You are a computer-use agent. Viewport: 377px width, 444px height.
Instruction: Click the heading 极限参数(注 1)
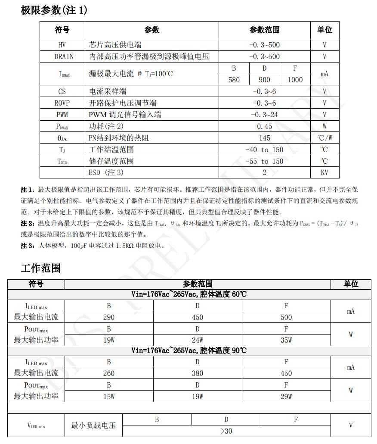tap(54, 10)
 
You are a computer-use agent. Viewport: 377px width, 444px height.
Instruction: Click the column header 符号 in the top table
tap(62, 30)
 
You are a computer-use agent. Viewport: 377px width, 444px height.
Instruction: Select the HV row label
tap(62, 45)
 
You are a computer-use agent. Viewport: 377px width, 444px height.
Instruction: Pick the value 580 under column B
tap(234, 80)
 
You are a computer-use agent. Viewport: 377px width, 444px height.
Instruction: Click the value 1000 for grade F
tap(295, 80)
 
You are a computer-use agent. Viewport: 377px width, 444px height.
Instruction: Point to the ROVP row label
tap(62, 103)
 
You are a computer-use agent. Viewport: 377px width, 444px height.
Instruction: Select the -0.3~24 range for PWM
tap(264, 115)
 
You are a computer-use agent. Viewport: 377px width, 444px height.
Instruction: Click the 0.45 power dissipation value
tap(264, 126)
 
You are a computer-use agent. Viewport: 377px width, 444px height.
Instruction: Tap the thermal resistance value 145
tap(264, 138)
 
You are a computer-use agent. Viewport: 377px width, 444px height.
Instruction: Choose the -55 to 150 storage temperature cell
tap(264, 161)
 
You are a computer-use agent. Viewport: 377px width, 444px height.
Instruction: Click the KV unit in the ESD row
tap(324, 172)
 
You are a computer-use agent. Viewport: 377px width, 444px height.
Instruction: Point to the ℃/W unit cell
tap(324, 138)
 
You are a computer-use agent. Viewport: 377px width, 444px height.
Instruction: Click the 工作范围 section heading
tap(40, 268)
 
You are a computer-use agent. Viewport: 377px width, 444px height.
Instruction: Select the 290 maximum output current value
tap(109, 317)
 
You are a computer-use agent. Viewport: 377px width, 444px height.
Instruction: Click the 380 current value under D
tap(198, 373)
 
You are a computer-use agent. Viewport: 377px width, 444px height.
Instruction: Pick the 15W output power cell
tap(109, 397)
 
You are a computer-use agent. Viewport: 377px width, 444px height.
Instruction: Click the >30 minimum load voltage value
tap(226, 431)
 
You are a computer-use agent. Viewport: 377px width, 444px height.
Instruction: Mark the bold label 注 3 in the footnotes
tap(26, 246)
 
